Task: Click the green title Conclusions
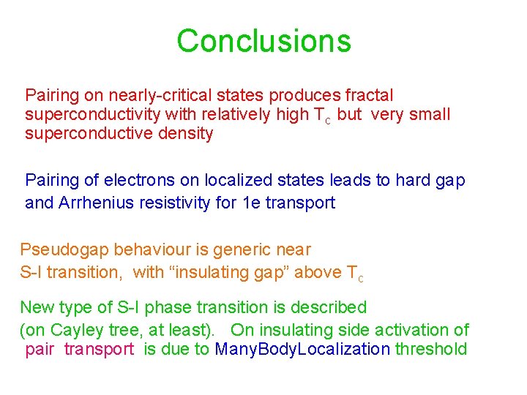[263, 41]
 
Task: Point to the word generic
[236, 250]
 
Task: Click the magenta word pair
[40, 350]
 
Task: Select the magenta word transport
[99, 350]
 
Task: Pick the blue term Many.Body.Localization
[302, 350]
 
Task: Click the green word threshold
[431, 350]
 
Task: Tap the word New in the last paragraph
[35, 307]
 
